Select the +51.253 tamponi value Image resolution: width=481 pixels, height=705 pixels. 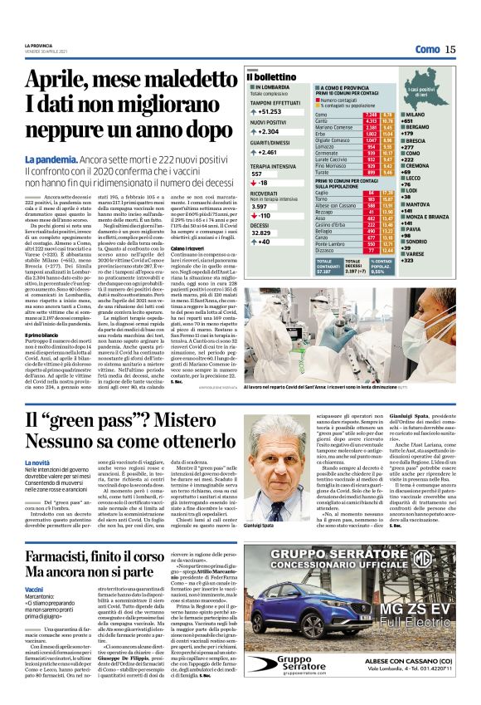point(269,110)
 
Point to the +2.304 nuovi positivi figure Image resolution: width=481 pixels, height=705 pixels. point(267,131)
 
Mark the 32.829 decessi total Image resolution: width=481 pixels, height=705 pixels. point(262,233)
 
